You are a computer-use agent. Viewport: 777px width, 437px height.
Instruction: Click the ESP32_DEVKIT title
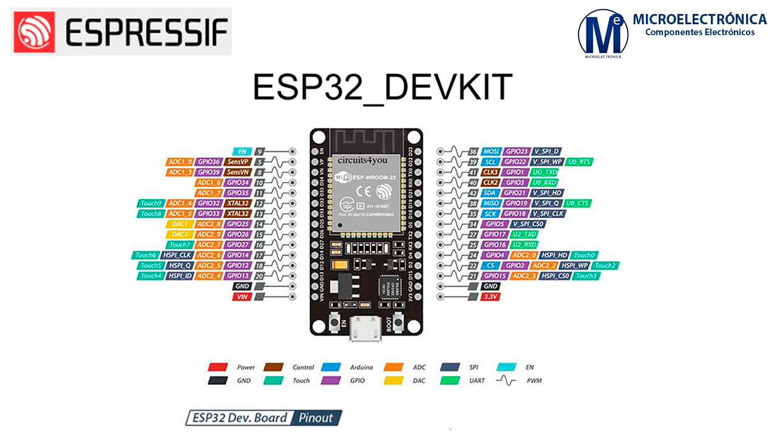(382, 88)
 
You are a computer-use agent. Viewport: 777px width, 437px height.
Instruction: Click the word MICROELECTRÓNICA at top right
(699, 19)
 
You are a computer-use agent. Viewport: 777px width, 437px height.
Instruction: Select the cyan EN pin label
(242, 151)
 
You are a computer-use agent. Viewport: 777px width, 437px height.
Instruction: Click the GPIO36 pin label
(208, 162)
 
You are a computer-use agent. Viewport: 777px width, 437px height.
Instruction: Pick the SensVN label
(237, 172)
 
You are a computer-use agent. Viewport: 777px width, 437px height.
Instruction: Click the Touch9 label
(151, 203)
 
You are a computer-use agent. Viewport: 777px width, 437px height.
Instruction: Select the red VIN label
(242, 296)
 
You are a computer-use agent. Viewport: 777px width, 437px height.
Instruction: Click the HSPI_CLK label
(177, 255)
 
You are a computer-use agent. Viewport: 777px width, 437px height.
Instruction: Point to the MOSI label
(490, 151)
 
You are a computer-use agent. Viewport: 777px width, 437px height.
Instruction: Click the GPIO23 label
(516, 151)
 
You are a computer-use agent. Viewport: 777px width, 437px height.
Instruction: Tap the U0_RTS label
(579, 162)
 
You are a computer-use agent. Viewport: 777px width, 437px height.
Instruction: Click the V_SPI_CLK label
(548, 214)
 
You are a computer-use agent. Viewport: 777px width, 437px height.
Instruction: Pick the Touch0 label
(585, 255)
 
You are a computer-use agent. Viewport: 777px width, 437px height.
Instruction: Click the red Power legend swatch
(217, 367)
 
